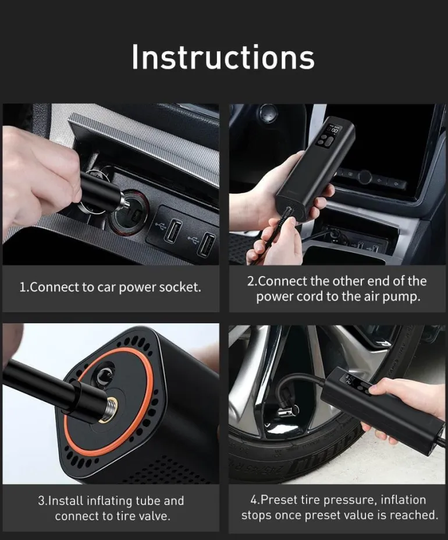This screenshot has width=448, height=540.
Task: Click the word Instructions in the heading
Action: pyautogui.click(x=223, y=57)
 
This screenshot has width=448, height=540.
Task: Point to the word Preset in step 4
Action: pyautogui.click(x=279, y=499)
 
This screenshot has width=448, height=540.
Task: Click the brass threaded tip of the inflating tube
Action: pyautogui.click(x=109, y=410)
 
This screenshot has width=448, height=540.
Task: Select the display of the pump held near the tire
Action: pyautogui.click(x=350, y=380)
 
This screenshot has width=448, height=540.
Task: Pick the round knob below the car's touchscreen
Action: pyautogui.click(x=364, y=177)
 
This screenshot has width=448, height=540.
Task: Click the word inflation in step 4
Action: pyautogui.click(x=403, y=499)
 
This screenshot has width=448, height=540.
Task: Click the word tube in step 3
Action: pyautogui.click(x=148, y=500)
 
